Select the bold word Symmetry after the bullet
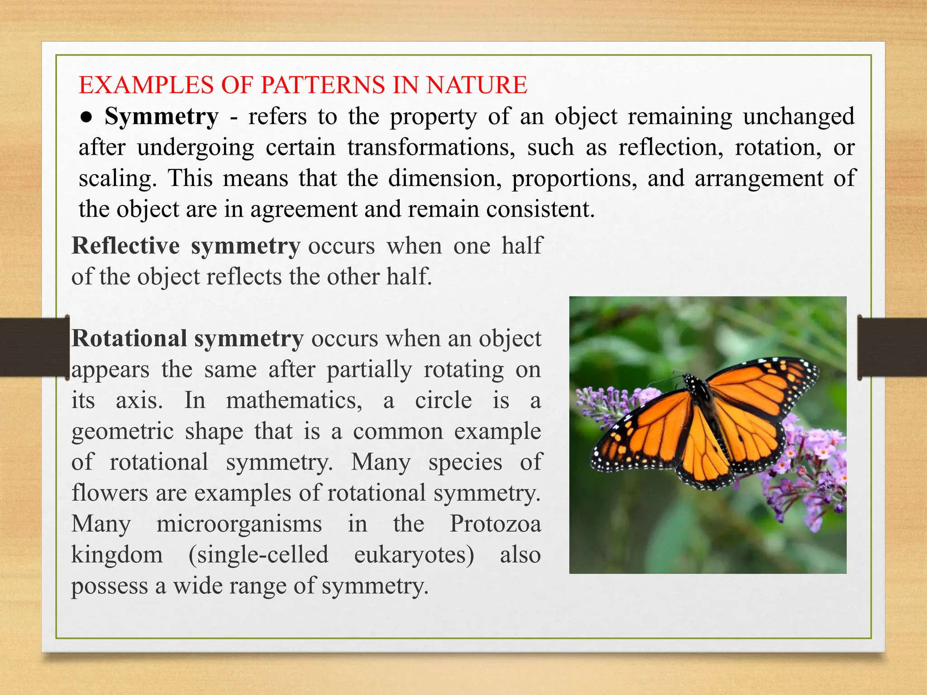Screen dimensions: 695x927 [162, 117]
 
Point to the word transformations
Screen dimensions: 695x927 [431, 148]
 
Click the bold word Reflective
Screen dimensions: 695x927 [126, 246]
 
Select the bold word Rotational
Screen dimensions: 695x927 [129, 339]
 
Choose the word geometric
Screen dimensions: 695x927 [123, 432]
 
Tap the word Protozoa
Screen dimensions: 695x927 [495, 524]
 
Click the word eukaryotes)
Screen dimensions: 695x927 [414, 555]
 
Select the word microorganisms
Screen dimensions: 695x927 [239, 524]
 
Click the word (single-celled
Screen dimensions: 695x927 [258, 555]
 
